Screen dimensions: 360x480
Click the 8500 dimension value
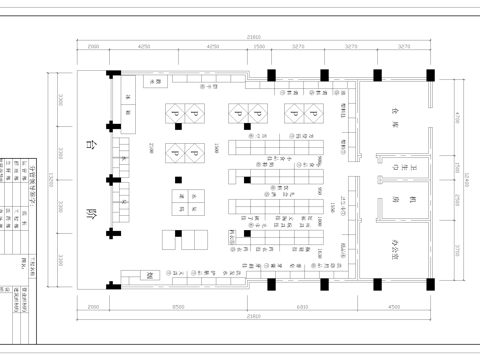click(176, 307)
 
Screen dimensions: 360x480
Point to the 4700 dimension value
click(455, 117)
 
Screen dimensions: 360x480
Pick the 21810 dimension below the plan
click(256, 317)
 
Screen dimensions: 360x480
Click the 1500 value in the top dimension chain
click(259, 46)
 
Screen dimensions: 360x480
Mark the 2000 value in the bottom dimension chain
click(92, 307)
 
